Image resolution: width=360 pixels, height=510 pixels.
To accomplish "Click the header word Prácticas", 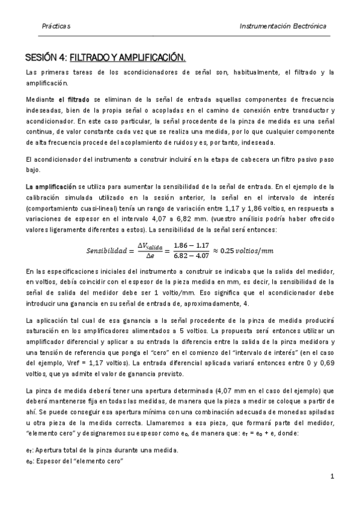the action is tap(56, 27).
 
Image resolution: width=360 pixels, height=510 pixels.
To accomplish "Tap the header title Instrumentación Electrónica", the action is tap(283, 27).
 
